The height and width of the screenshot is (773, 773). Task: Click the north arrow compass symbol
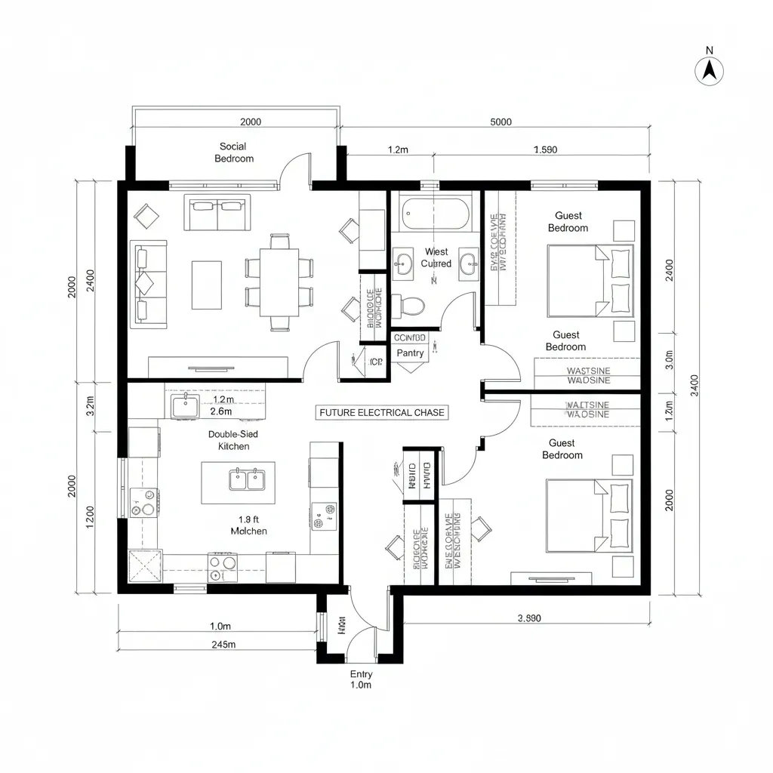point(709,70)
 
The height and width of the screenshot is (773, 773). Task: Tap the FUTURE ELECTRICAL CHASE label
point(382,413)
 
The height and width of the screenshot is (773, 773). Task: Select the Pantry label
point(410,353)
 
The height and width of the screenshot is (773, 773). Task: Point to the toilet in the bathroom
point(411,304)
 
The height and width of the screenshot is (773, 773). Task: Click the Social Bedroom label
point(233,152)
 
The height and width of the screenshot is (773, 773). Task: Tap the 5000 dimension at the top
point(500,122)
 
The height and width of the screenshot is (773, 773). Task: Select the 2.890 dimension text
point(529,617)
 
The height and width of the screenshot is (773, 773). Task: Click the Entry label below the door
point(361,674)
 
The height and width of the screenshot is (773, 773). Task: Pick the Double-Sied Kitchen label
point(233,441)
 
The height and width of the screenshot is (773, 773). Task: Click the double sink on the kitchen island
point(247,479)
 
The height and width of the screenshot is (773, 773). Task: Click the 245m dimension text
point(223,644)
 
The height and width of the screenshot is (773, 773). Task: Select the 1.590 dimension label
point(544,149)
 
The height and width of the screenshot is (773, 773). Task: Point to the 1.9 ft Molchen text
point(248,525)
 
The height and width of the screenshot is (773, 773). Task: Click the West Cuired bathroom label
point(436,257)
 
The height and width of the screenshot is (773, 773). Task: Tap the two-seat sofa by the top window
point(217,213)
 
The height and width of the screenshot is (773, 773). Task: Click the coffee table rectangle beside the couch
point(206,285)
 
